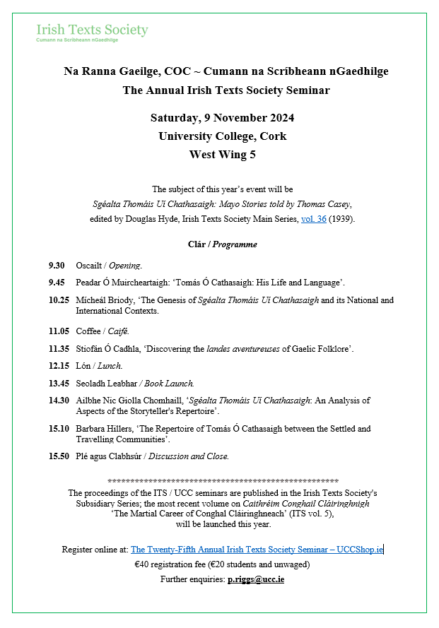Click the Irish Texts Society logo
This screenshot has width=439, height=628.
coord(92,32)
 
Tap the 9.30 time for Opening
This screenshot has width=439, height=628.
coord(57,266)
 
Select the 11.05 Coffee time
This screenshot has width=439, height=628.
coord(58,331)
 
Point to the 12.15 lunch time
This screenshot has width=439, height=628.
coord(58,366)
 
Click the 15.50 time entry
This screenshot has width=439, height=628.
coord(58,456)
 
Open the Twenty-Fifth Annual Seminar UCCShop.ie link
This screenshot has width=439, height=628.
coord(257,549)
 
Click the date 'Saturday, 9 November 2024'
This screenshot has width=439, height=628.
coord(223,118)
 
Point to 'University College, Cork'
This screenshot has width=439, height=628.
coord(223,136)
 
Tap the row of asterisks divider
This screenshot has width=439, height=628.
coord(223,480)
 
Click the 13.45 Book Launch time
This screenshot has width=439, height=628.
coord(58,384)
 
